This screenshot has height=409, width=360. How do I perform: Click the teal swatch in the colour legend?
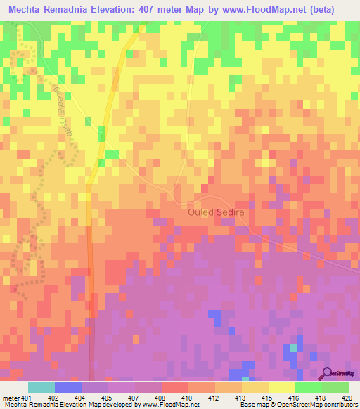41,387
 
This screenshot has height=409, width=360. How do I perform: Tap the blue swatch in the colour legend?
68,387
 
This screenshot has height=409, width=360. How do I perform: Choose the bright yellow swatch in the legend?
281,387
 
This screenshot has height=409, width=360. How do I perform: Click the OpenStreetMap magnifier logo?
328,373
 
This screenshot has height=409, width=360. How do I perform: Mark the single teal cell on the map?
293,348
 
